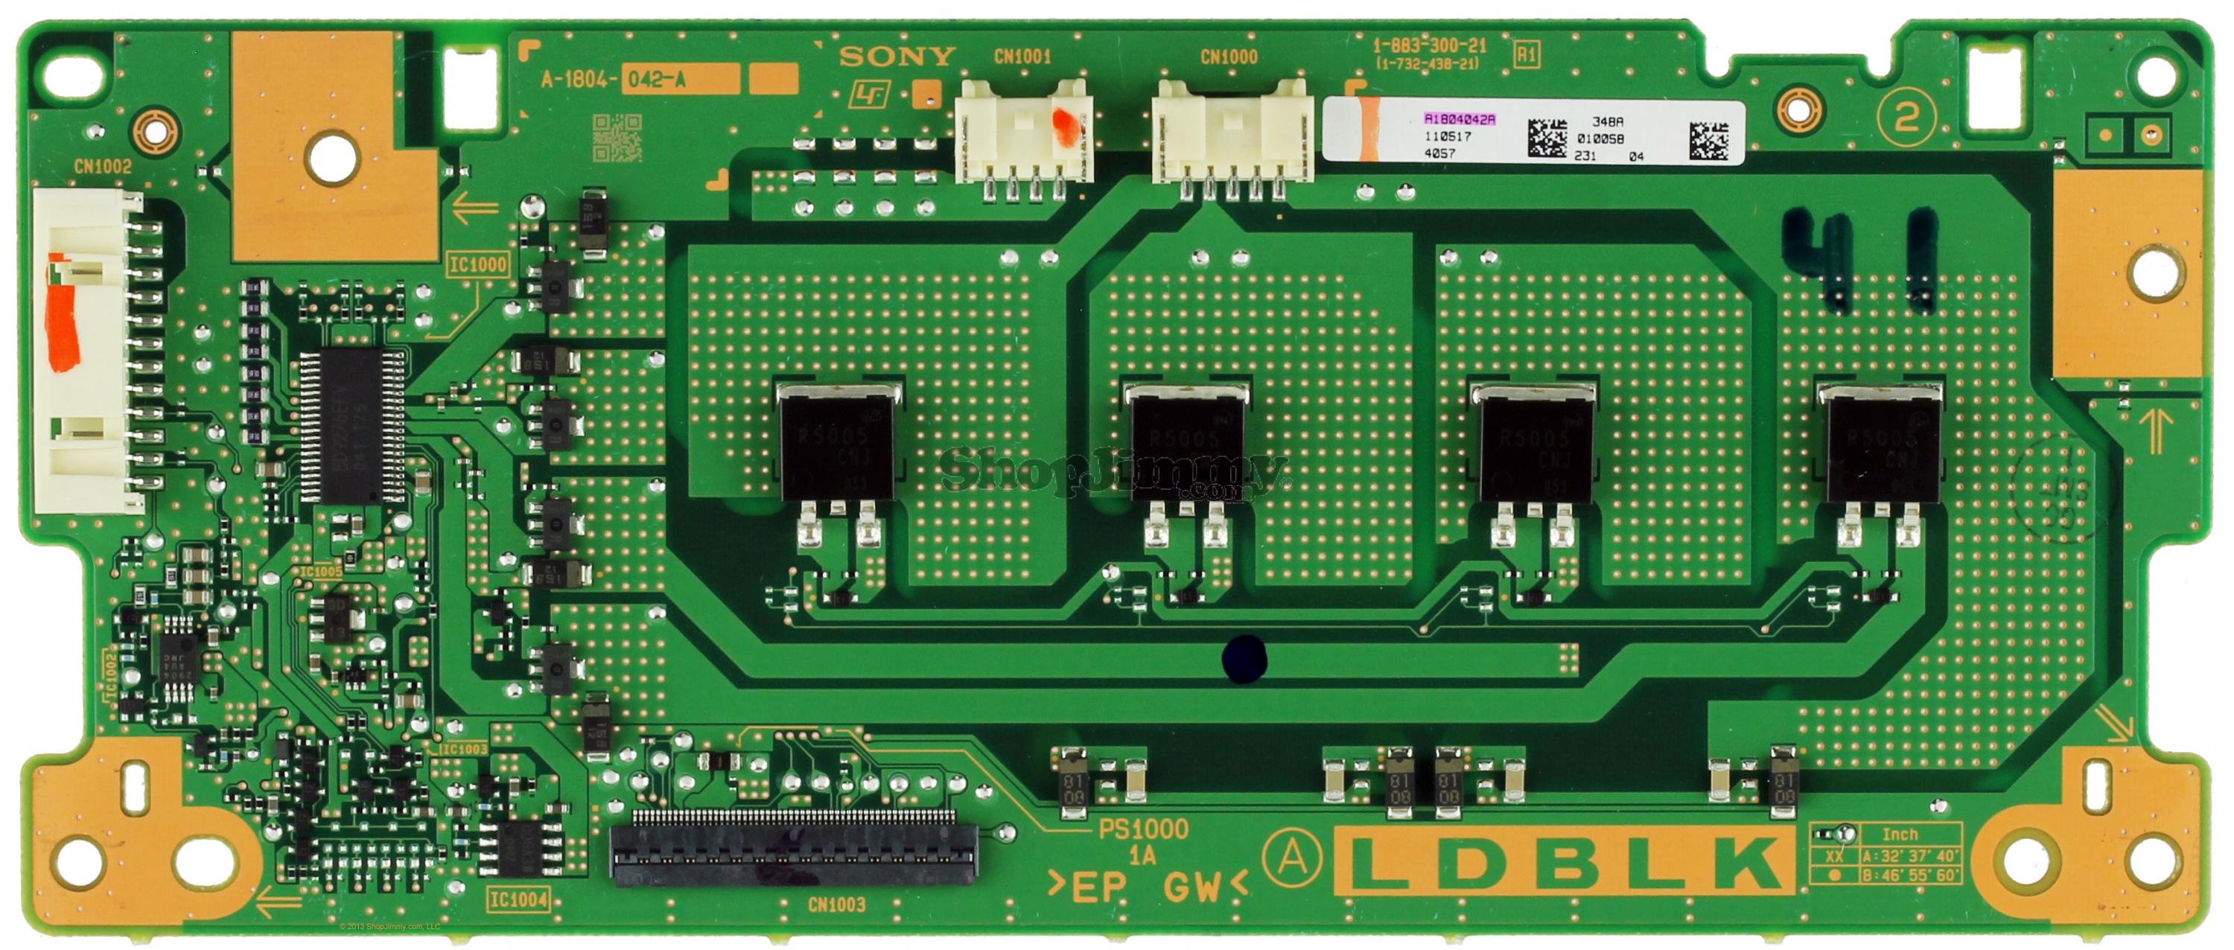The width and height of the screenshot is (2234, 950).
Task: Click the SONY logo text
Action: point(897,57)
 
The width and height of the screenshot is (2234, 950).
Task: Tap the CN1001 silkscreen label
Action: point(1022,57)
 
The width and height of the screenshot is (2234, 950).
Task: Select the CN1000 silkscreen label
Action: point(1228,57)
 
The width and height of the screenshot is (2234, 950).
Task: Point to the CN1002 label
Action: point(102,167)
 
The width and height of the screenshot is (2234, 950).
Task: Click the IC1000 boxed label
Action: point(478,264)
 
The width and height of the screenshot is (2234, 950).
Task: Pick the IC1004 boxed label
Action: point(518,899)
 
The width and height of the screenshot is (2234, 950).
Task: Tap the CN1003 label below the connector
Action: point(836,905)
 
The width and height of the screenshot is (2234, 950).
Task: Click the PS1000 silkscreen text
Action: point(1142,829)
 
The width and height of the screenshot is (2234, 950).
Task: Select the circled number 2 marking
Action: point(1906,118)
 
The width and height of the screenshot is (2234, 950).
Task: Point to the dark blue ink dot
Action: point(1244,658)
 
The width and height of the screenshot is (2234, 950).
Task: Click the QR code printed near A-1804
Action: point(617,138)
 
